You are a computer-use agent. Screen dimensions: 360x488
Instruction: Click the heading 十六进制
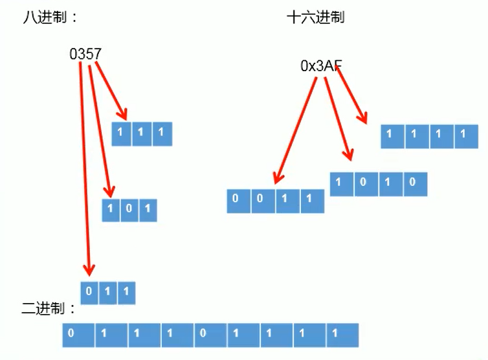(315, 17)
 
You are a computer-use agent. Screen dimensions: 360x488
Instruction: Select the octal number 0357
(85, 54)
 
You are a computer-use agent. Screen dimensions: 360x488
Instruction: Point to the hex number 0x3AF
(320, 65)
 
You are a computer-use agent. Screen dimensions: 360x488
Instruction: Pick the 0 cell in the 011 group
(90, 292)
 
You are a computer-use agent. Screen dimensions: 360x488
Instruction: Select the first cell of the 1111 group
(390, 135)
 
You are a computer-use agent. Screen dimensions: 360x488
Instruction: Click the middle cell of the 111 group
(142, 133)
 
